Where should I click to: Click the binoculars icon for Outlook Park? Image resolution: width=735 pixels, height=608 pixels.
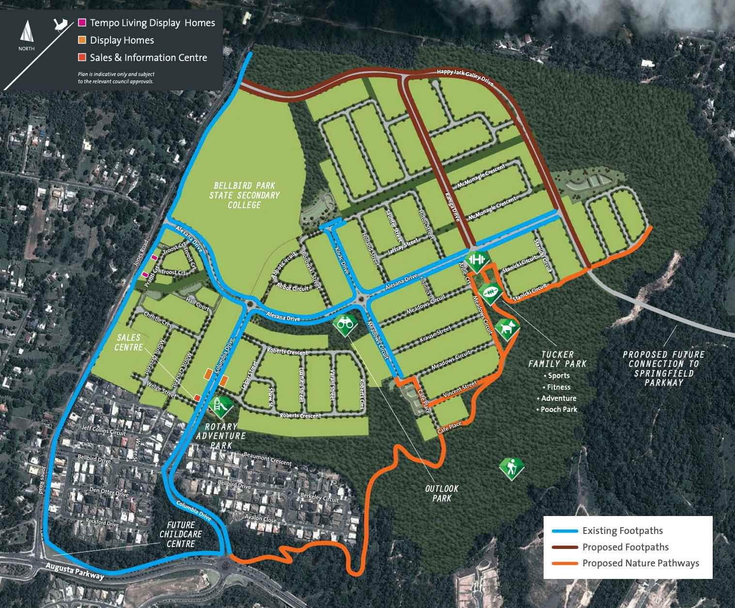coord(345,323)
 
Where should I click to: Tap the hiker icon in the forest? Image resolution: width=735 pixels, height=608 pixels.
coord(512,468)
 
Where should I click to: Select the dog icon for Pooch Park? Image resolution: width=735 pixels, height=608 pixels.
coord(507,329)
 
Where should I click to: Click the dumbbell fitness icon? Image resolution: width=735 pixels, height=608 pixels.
coord(476,260)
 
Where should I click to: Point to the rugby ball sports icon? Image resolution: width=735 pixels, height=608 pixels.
coord(490,293)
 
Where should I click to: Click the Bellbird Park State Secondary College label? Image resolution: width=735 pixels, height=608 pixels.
coord(245,195)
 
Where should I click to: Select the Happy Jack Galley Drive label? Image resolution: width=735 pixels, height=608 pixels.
coord(465,76)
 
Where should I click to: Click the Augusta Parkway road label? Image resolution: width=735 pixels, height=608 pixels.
coord(75,571)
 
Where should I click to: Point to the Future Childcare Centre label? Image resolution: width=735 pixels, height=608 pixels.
coord(181,534)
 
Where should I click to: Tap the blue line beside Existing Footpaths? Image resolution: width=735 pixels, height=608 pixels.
coord(565,531)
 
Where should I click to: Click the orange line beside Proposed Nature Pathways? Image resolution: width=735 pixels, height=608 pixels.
coord(565,563)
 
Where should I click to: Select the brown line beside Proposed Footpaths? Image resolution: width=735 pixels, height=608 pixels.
coord(565,547)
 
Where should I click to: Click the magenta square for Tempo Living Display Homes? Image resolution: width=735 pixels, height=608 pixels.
coord(82,23)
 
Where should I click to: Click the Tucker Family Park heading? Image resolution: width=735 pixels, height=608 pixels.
coord(557,359)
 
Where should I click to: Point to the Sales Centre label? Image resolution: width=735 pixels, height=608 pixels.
coord(128,342)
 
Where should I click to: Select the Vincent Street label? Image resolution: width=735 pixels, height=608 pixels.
coord(460,389)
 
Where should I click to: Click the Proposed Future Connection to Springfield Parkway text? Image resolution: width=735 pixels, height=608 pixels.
coord(663,368)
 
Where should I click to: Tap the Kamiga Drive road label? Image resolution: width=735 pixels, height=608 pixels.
coord(452,207)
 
